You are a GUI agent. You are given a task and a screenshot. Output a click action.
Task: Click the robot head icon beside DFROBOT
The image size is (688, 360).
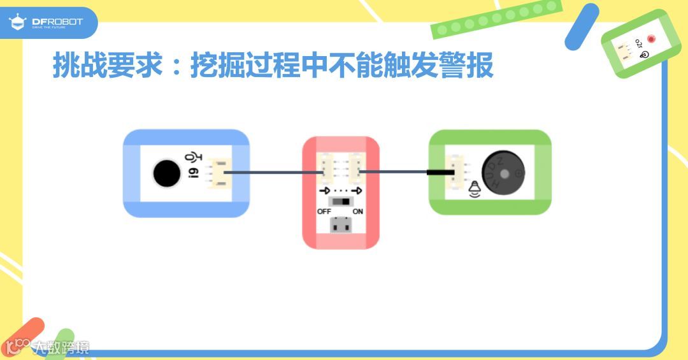click(17, 23)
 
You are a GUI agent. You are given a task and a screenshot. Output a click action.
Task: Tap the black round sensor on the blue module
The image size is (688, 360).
click(166, 173)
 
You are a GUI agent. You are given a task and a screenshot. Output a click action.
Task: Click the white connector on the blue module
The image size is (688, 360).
click(217, 173)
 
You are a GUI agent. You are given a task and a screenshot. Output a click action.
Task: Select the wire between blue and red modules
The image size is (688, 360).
click(271, 172)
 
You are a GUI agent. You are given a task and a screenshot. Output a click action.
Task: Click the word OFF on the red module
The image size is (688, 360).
click(324, 211)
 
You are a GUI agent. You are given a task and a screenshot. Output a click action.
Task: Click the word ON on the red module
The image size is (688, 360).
click(358, 211)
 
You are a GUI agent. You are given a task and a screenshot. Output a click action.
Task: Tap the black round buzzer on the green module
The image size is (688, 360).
click(503, 173)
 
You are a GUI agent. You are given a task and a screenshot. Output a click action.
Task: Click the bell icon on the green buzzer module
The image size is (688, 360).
click(474, 190)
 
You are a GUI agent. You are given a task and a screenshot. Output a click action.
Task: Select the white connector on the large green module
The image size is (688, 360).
click(457, 172)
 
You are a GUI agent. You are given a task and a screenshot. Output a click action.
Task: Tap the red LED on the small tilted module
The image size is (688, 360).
click(651, 40)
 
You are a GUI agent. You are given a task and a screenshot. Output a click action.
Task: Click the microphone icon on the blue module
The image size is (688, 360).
click(191, 157)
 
